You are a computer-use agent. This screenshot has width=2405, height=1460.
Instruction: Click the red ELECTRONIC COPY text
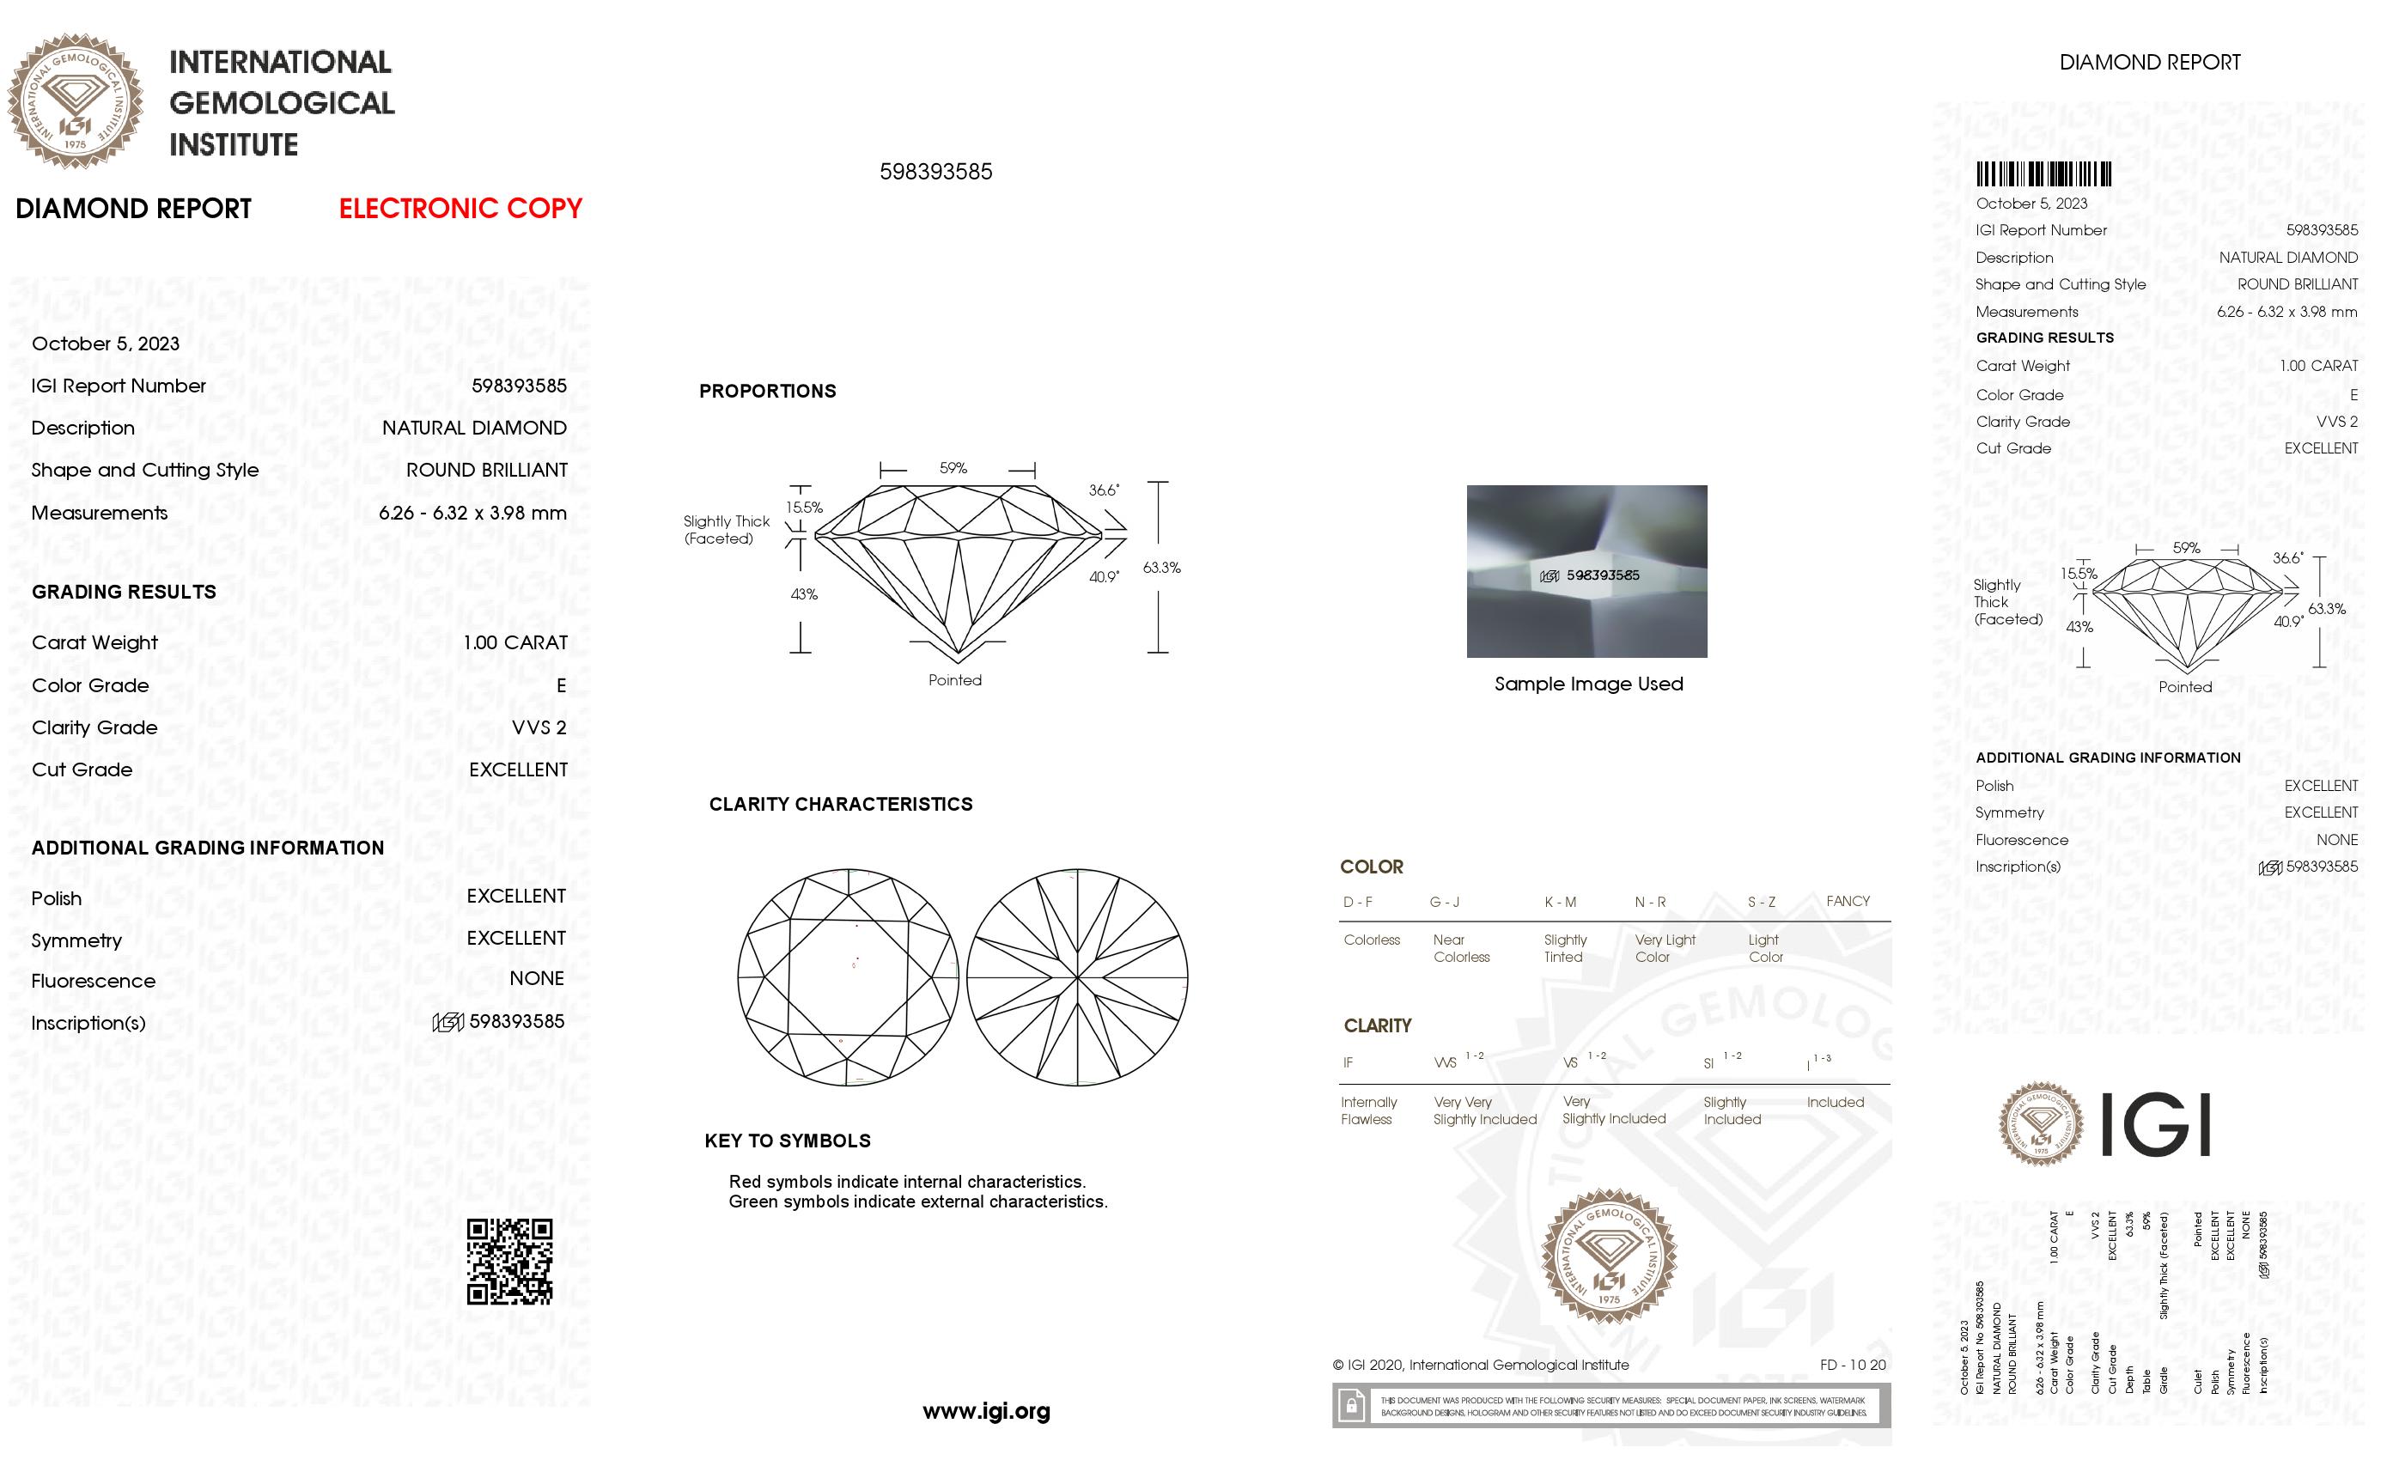pyautogui.click(x=460, y=208)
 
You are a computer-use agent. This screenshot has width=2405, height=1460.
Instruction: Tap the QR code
pyautogui.click(x=508, y=1261)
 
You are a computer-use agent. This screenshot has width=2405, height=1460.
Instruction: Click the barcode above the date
pyautogui.click(x=2043, y=173)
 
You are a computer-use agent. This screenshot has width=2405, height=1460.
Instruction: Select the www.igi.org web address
pyautogui.click(x=986, y=1410)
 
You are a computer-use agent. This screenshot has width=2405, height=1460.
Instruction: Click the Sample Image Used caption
pyautogui.click(x=1588, y=684)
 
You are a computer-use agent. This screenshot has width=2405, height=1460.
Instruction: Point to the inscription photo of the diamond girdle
pyautogui.click(x=1586, y=571)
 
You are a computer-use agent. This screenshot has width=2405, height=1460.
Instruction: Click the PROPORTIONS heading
pyautogui.click(x=767, y=392)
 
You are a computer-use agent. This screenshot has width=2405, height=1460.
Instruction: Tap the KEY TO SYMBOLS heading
pyautogui.click(x=787, y=1141)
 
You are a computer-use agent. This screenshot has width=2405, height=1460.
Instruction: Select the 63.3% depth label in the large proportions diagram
pyautogui.click(x=1161, y=567)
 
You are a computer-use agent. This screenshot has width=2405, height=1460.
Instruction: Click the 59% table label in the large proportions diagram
pyautogui.click(x=953, y=468)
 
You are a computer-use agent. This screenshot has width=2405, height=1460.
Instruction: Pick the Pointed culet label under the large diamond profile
pyautogui.click(x=954, y=680)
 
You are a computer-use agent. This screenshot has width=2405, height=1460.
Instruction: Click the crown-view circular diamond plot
pyautogui.click(x=847, y=977)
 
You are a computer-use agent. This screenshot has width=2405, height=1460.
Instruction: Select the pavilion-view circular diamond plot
pyautogui.click(x=1076, y=977)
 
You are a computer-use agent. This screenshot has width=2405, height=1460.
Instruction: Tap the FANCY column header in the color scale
pyautogui.click(x=1847, y=901)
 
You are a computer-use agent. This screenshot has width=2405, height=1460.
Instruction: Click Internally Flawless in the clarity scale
pyautogui.click(x=1367, y=1110)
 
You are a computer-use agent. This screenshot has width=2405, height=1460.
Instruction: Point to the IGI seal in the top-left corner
pyautogui.click(x=76, y=100)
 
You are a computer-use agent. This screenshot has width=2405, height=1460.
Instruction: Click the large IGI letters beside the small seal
pyautogui.click(x=2154, y=1124)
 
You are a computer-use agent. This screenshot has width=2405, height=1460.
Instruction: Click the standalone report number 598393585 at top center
pyautogui.click(x=935, y=172)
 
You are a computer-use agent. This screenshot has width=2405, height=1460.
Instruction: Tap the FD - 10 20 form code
pyautogui.click(x=1852, y=1365)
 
